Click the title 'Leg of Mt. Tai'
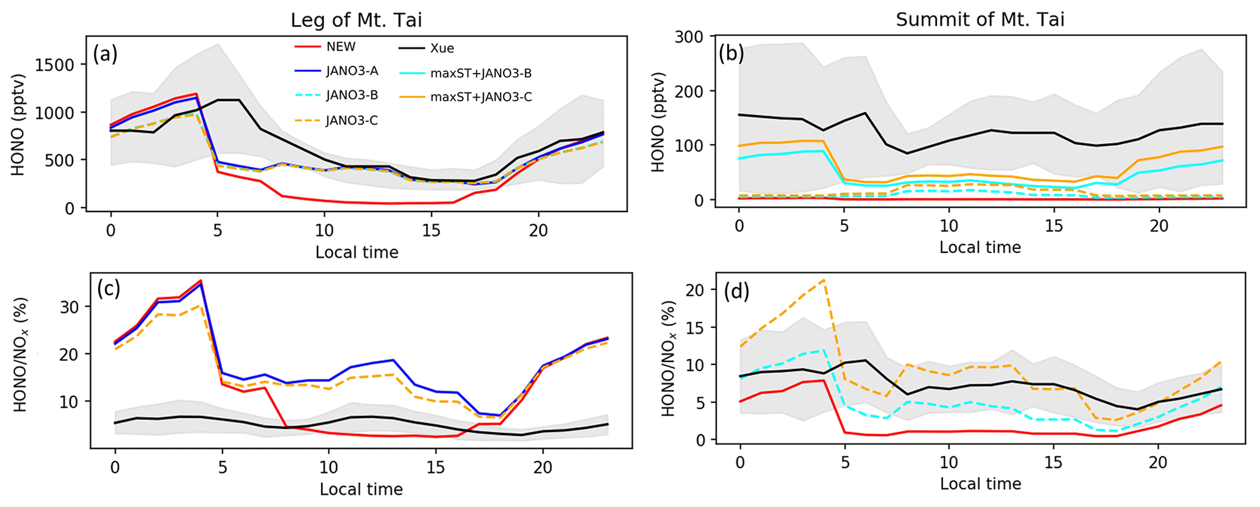tap(356, 20)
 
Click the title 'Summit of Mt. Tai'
tap(980, 19)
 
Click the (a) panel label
tap(105, 55)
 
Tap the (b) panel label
tap(731, 54)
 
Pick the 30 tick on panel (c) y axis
tap(69, 307)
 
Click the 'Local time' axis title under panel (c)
tap(361, 489)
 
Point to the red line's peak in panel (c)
tap(201, 281)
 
